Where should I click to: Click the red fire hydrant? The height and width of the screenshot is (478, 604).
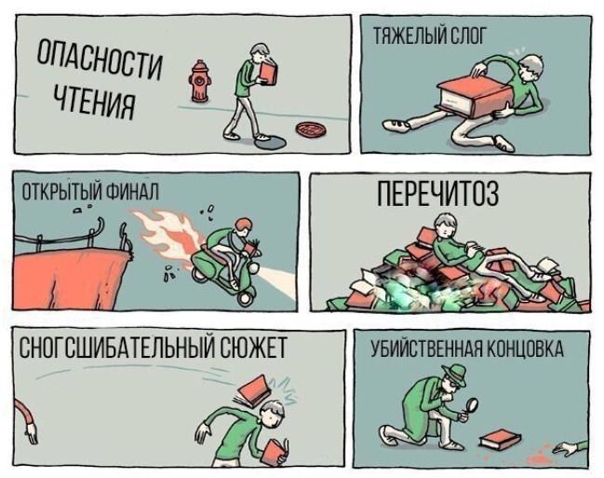click(x=199, y=81)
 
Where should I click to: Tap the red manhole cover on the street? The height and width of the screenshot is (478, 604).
click(x=310, y=130)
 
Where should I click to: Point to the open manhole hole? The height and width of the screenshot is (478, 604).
click(x=271, y=142)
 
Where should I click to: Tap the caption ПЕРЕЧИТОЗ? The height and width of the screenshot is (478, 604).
click(x=437, y=194)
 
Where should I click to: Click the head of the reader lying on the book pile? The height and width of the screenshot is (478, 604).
click(x=445, y=226)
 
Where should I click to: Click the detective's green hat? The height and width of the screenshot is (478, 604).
click(x=455, y=374)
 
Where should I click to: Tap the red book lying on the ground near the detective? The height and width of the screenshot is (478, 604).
click(x=500, y=439)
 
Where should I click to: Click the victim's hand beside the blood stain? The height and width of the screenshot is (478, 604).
click(x=563, y=447)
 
